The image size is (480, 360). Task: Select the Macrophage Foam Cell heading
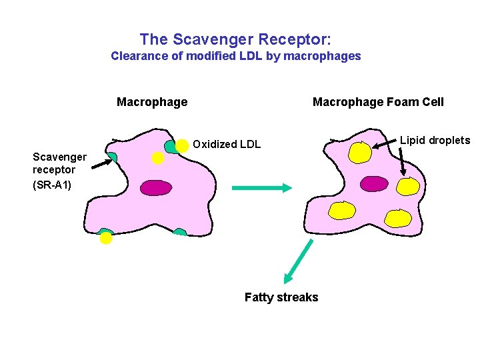pos(378,102)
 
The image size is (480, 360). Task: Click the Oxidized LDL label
pos(227,144)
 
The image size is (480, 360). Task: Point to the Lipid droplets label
pos(435,140)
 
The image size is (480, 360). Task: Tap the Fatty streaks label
pos(281,297)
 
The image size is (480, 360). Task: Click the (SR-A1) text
pos(52,183)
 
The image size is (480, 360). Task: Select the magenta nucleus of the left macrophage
pos(155,188)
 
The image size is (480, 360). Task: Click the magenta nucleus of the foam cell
pos(374,183)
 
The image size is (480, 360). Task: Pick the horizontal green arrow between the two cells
pos(262,188)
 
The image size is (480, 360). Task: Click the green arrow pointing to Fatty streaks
pos(298,261)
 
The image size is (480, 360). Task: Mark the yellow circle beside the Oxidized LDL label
pos(181,145)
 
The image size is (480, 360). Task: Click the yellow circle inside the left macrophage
pos(157,158)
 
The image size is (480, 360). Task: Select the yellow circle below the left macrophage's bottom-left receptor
pos(106,239)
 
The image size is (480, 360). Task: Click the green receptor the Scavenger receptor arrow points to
pos(112,157)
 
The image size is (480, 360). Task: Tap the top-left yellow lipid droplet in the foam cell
pos(360,153)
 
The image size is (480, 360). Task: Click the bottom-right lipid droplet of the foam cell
pos(399,218)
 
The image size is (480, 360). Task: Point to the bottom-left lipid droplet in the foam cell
pos(343,211)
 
